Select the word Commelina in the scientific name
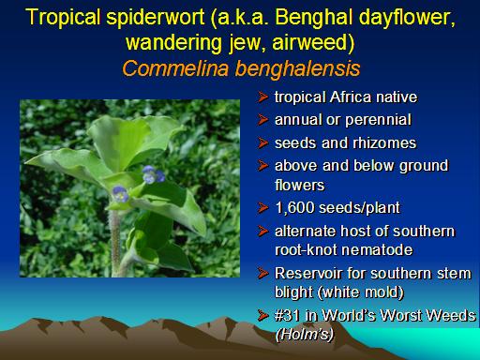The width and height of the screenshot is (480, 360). (175, 68)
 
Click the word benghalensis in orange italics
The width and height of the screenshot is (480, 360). (297, 68)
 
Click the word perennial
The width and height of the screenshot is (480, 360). (378, 120)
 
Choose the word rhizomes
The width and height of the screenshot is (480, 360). (384, 143)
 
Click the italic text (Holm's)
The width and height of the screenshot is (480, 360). (304, 335)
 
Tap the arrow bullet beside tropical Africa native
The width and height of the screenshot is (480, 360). (263, 97)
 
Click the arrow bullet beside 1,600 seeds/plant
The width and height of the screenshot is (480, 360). (263, 208)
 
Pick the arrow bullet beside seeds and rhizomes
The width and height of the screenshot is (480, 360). (263, 143)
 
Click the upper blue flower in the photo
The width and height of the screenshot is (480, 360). (153, 174)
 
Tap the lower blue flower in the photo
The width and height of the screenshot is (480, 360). (120, 194)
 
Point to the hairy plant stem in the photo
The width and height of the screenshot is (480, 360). (115, 242)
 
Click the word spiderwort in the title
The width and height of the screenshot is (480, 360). (156, 18)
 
